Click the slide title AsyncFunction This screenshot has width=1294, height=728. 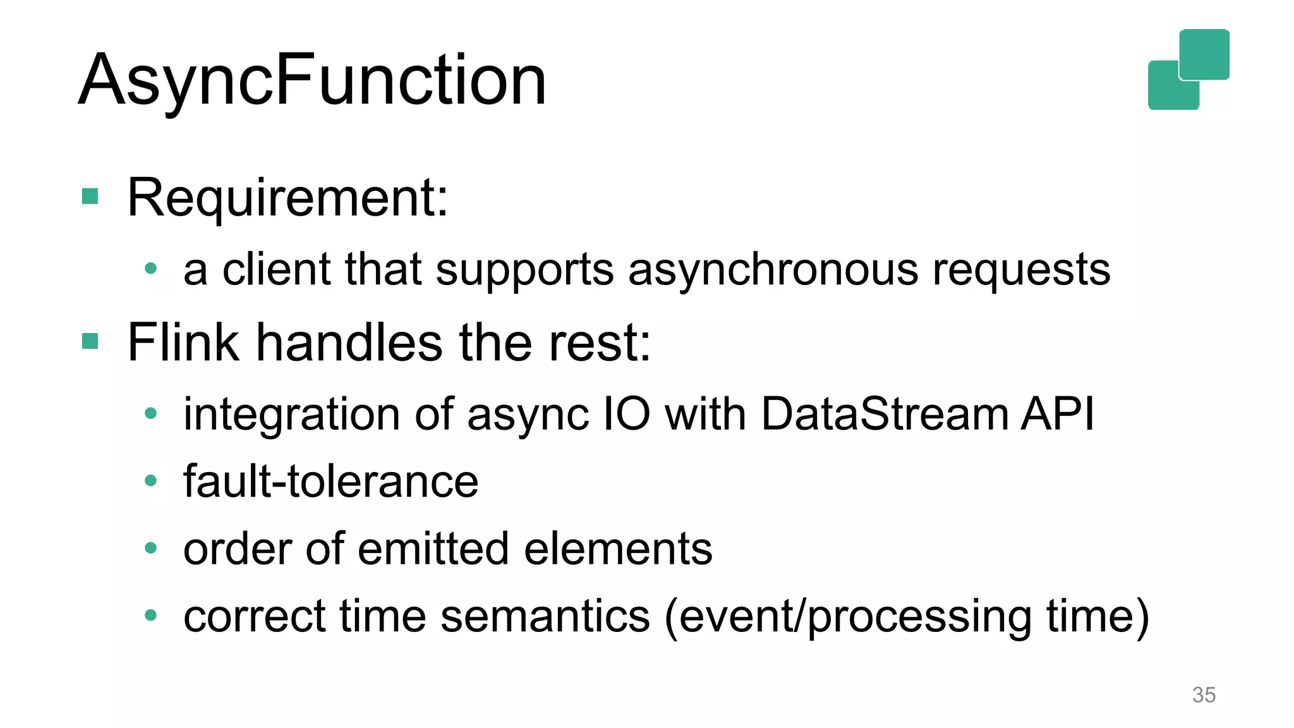click(x=312, y=80)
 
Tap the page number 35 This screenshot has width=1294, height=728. click(x=1203, y=695)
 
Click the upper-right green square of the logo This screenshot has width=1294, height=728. click(x=1204, y=54)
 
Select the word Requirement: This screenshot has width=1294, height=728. click(x=287, y=198)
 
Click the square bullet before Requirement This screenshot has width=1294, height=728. click(x=90, y=197)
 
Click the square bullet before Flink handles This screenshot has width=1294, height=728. click(x=90, y=341)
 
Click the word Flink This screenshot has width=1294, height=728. click(x=183, y=342)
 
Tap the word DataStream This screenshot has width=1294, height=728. click(x=885, y=415)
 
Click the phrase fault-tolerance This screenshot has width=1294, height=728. click(x=330, y=482)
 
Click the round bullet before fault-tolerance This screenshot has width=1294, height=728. click(x=150, y=481)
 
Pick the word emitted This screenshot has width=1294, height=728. click(x=433, y=549)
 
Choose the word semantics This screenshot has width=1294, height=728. click(x=545, y=616)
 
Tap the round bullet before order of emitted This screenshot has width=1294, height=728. click(x=150, y=548)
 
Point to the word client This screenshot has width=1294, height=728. click(x=277, y=270)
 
